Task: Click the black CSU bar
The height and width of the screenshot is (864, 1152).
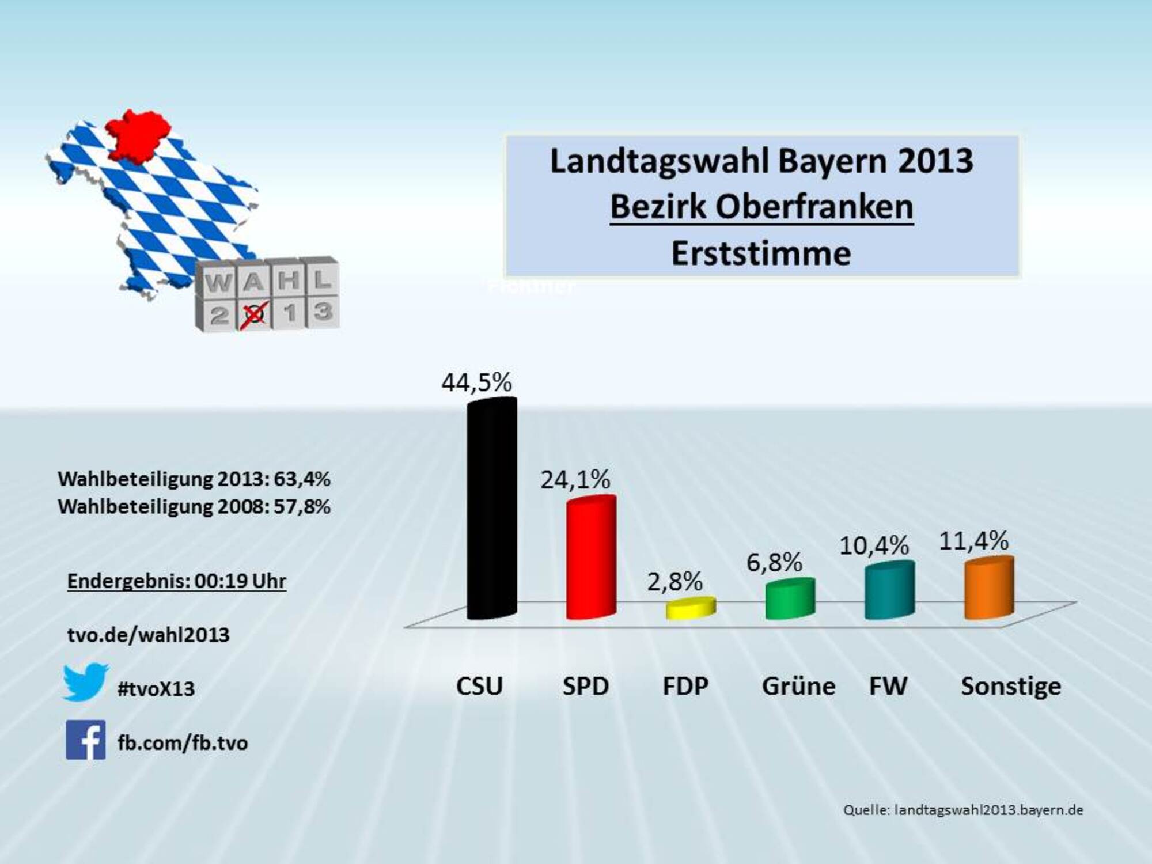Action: pyautogui.click(x=491, y=510)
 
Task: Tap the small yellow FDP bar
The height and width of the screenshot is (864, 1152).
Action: pyautogui.click(x=691, y=608)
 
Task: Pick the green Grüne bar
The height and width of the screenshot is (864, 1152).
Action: pyautogui.click(x=790, y=599)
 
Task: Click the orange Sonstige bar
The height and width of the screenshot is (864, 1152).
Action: pyautogui.click(x=989, y=588)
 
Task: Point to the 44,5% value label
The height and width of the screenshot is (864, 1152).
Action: pyautogui.click(x=476, y=382)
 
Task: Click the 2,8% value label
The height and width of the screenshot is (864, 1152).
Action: pyautogui.click(x=674, y=582)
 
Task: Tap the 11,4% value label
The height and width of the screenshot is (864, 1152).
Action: pyautogui.click(x=973, y=541)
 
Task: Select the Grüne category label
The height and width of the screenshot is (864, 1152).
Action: pyautogui.click(x=798, y=686)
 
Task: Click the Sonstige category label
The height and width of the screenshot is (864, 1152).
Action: pyautogui.click(x=1011, y=686)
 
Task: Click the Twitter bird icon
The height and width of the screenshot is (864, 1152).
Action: pyautogui.click(x=85, y=683)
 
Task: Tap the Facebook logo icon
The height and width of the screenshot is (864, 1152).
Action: pyautogui.click(x=86, y=740)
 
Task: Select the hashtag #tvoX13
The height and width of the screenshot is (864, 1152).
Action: pyautogui.click(x=156, y=689)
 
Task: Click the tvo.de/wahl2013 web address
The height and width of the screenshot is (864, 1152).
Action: pyautogui.click(x=148, y=635)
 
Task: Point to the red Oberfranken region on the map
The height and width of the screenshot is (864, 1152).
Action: pyautogui.click(x=138, y=135)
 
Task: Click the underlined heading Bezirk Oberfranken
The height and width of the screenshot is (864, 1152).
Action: pyautogui.click(x=761, y=207)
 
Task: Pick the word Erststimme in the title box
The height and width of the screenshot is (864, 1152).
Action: pyautogui.click(x=761, y=253)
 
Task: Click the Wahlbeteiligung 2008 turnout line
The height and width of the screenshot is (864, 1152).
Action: pyautogui.click(x=194, y=507)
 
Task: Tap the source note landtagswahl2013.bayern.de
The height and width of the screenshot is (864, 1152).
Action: pyautogui.click(x=963, y=810)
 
